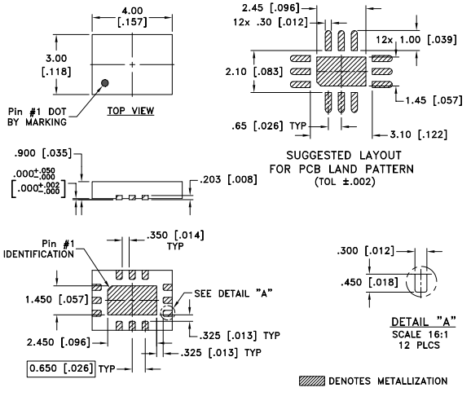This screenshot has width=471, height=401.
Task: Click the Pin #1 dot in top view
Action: [x=106, y=82]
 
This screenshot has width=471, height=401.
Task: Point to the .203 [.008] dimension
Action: [x=221, y=178]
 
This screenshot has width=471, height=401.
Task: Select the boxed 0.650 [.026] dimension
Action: [x=61, y=368]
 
